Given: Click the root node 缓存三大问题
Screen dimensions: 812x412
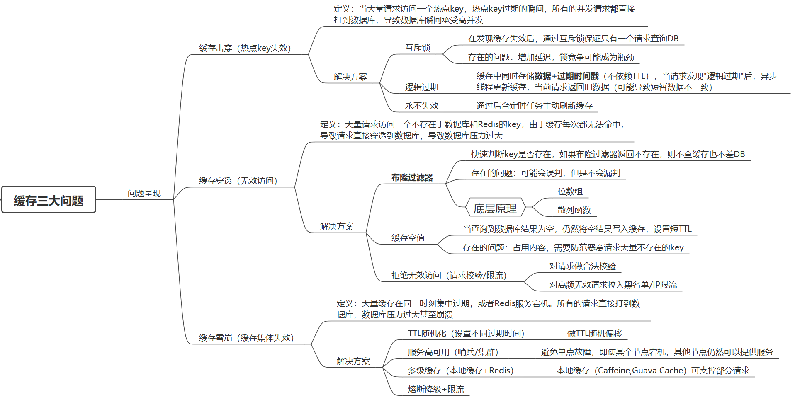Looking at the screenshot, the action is click(x=49, y=200).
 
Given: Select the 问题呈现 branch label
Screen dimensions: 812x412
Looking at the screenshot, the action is click(x=144, y=194).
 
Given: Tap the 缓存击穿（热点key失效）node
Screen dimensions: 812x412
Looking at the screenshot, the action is click(x=245, y=48).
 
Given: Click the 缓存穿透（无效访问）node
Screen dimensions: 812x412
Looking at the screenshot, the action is click(x=238, y=181).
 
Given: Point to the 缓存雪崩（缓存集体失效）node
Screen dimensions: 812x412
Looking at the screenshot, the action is click(x=246, y=338).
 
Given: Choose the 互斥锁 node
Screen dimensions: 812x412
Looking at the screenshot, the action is click(x=418, y=48).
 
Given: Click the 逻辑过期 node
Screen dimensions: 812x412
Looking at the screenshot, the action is click(x=421, y=87).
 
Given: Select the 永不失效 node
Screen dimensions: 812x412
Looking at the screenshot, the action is click(x=421, y=106).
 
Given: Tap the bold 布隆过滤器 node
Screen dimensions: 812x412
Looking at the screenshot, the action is click(x=412, y=177).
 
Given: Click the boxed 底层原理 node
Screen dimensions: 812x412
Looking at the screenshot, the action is click(x=495, y=208).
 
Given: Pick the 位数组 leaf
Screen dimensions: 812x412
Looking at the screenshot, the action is click(x=570, y=191).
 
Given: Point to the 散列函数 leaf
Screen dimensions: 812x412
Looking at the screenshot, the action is click(x=574, y=210).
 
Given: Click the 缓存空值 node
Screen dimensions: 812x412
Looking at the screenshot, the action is click(x=408, y=238).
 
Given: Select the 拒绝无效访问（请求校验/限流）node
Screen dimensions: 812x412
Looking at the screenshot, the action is click(x=449, y=275).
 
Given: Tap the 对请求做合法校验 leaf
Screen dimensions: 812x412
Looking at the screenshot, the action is click(x=582, y=266).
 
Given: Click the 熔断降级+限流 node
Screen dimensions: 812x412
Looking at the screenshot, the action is click(x=436, y=389).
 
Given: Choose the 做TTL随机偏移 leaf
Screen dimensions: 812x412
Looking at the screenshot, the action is click(x=594, y=333).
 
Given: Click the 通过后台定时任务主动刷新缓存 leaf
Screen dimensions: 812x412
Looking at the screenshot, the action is click(x=534, y=106).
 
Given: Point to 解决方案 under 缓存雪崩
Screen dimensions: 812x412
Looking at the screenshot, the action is click(x=353, y=361).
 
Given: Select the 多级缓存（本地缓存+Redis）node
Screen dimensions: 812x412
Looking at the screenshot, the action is click(x=460, y=371).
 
